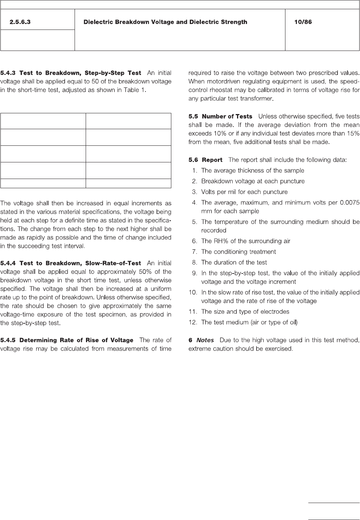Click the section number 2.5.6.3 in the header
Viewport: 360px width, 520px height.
point(20,22)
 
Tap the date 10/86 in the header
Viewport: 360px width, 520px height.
point(303,22)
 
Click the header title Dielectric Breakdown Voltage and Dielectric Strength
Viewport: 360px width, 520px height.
point(165,22)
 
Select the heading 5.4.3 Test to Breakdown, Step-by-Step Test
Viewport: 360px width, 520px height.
point(71,73)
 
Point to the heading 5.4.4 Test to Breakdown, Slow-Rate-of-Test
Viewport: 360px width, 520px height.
point(71,263)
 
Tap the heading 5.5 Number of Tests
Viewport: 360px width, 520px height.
point(220,117)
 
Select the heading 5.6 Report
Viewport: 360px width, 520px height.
point(205,160)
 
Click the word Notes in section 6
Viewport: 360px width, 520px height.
point(205,340)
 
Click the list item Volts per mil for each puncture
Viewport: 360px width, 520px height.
point(244,192)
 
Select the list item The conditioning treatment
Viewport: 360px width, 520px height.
point(239,252)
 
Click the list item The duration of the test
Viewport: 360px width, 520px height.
point(234,262)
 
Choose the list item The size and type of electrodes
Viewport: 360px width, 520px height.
point(245,311)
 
